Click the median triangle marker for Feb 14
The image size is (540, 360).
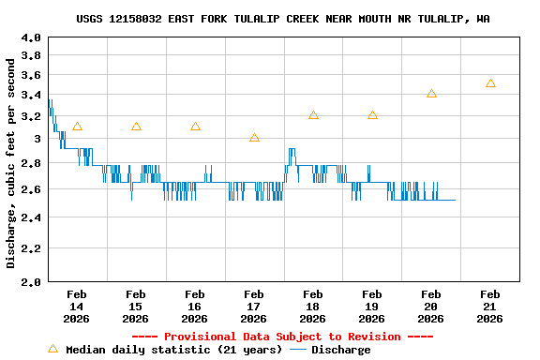77,127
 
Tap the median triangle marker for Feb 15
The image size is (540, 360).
136,127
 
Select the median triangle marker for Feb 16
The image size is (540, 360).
195,127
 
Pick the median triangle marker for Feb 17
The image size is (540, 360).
254,138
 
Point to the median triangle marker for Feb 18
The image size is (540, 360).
313,115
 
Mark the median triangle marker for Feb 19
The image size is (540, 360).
372,115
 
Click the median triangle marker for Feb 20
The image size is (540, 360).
431,94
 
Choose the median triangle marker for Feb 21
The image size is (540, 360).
490,83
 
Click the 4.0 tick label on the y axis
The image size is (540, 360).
31,38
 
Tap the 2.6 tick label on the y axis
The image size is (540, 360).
31,190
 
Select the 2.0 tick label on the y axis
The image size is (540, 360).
31,281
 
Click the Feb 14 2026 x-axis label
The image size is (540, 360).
77,307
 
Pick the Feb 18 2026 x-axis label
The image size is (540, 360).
313,307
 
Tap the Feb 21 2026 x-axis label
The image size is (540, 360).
490,307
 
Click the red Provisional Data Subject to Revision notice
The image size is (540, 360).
282,337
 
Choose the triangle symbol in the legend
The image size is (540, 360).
52,349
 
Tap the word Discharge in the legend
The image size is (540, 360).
340,350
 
